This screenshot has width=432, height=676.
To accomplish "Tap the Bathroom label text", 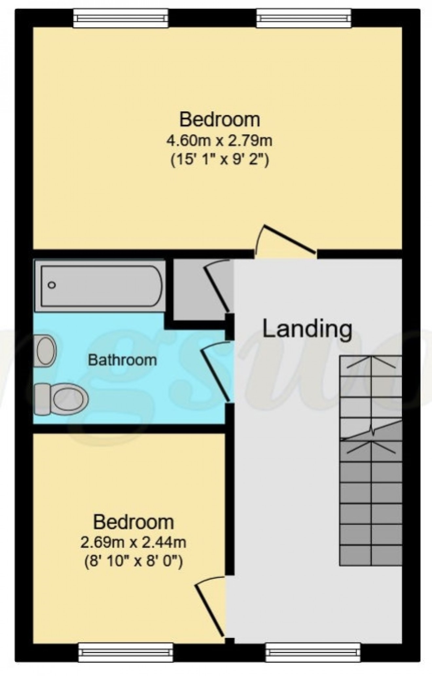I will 122,360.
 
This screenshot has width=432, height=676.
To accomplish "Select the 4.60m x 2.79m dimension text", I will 219,141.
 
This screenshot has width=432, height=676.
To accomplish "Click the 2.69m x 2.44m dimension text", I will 133,543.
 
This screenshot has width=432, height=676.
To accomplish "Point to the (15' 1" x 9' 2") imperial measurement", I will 219,161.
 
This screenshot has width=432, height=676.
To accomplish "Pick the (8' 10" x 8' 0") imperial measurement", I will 133,562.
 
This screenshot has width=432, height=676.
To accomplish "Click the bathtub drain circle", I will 52,285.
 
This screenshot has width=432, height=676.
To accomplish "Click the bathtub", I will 101,286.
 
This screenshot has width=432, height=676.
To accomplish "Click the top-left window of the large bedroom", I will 121,18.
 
